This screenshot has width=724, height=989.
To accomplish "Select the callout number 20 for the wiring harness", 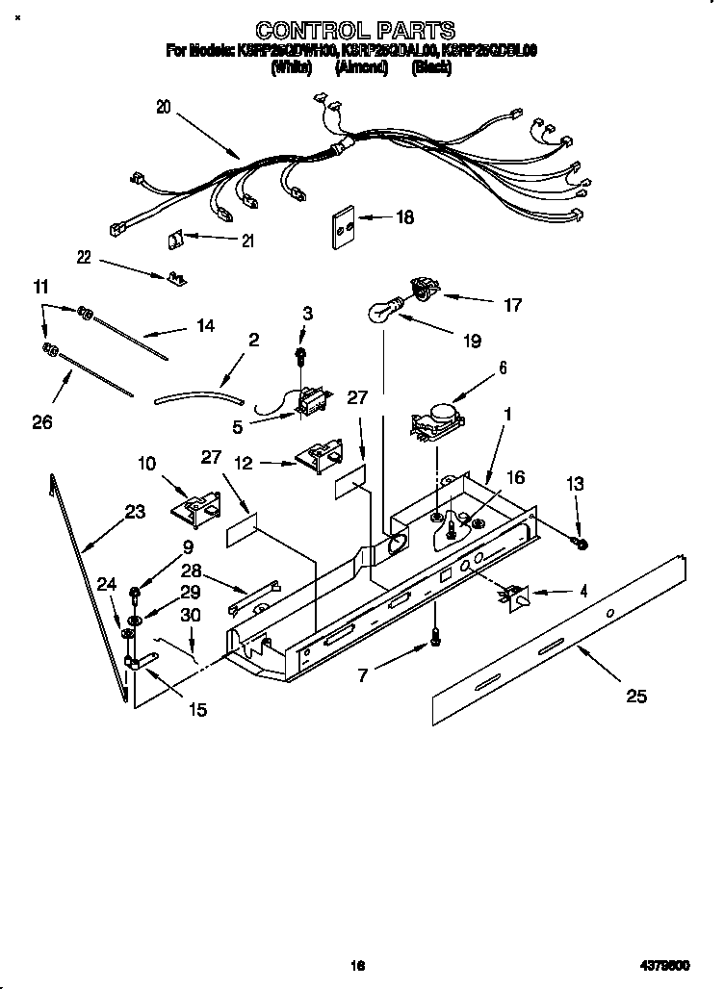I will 163,108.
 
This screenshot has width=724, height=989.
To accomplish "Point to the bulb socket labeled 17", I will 422,285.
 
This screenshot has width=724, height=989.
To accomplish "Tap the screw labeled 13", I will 581,545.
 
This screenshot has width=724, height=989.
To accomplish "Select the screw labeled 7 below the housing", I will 434,636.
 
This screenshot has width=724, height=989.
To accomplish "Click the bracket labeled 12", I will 320,455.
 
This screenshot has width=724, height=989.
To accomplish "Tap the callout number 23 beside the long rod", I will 135,511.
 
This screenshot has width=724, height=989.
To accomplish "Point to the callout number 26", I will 41,420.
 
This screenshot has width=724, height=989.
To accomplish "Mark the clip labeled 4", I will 515,596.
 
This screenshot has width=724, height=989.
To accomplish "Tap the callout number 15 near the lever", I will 197,710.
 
